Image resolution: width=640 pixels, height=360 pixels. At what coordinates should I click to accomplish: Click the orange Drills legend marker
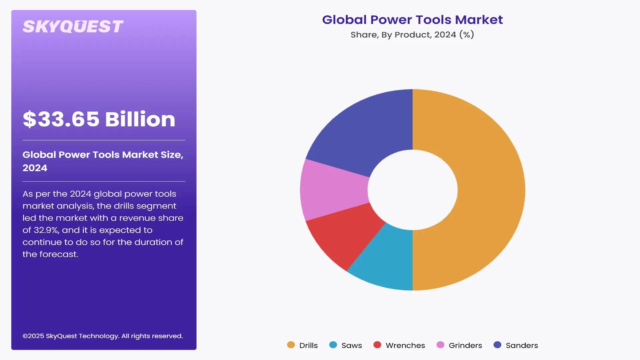click(291, 345)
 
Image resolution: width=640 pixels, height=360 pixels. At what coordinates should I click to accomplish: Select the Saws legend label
click(352, 345)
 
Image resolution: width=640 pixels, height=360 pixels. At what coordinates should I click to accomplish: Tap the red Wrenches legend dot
click(377, 345)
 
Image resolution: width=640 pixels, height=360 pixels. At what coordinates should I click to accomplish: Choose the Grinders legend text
click(465, 345)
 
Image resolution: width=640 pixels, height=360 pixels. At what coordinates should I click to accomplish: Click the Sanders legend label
click(522, 345)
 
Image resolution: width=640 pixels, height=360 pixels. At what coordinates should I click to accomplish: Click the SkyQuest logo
click(73, 27)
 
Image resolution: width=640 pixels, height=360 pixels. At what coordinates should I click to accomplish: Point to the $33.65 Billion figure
click(99, 119)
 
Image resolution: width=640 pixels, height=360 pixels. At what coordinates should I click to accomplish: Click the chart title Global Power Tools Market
click(412, 20)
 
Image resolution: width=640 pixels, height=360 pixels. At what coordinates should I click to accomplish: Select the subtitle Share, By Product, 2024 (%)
click(412, 35)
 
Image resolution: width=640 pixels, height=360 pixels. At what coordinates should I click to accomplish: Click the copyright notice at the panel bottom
click(103, 336)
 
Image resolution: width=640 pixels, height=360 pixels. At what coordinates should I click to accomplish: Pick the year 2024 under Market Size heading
click(35, 168)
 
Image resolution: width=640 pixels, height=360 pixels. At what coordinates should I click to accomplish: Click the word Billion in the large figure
click(140, 119)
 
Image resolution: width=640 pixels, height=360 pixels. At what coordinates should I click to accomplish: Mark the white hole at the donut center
click(413, 190)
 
